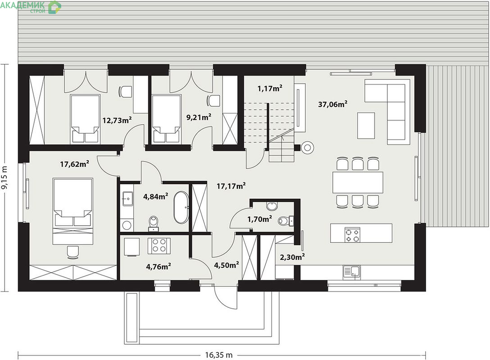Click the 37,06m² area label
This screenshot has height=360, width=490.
point(333,104)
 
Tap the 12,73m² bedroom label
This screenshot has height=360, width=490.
point(117,120)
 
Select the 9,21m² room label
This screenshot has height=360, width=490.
point(199,117)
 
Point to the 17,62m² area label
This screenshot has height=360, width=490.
point(75,164)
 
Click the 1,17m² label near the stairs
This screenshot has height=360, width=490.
point(270,88)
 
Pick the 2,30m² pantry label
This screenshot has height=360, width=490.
point(292,257)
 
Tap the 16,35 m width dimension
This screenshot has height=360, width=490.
point(219,355)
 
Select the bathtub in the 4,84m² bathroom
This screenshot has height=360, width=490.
point(181,207)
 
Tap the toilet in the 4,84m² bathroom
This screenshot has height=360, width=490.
point(154,223)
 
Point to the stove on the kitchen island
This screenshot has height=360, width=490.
point(352,235)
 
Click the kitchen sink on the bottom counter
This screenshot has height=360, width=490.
point(352,271)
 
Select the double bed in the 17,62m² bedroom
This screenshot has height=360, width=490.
point(73,211)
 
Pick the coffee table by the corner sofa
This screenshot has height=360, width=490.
point(366,126)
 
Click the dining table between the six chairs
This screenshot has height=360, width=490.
point(358,182)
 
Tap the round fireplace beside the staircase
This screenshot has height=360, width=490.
point(308,147)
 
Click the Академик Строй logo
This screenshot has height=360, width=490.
point(31,7)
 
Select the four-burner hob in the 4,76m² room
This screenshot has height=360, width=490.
point(159,245)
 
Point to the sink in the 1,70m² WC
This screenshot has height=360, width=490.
point(272,206)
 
